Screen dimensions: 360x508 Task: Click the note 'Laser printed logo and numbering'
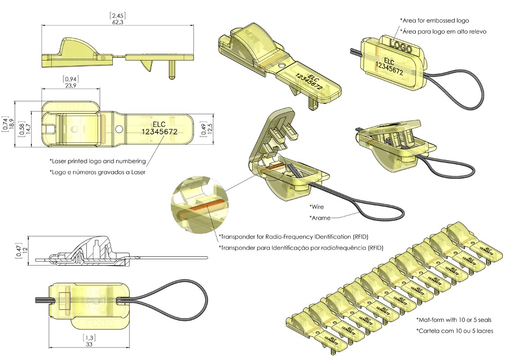pyautogui.click(x=98, y=161)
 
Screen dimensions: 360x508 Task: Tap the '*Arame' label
pyautogui.click(x=320, y=218)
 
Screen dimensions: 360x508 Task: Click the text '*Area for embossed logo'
pyautogui.click(x=434, y=20)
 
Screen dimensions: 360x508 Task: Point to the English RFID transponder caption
pyautogui.click(x=296, y=236)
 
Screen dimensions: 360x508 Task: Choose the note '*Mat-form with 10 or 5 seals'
pyautogui.click(x=454, y=320)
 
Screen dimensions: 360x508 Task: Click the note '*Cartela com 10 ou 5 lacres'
pyautogui.click(x=455, y=331)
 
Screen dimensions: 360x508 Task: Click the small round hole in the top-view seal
pyautogui.click(x=119, y=129)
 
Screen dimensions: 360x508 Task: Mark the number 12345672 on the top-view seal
pyautogui.click(x=159, y=132)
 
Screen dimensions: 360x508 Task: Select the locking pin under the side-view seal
pyautogui.click(x=171, y=70)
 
